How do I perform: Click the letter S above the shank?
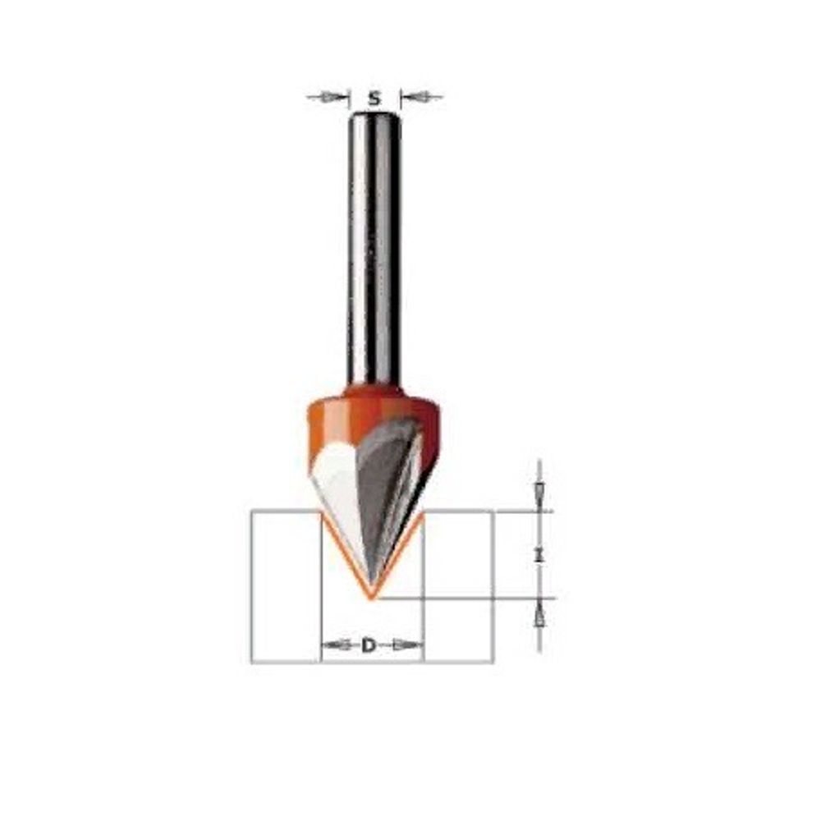pos(374,98)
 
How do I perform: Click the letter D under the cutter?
pos(369,645)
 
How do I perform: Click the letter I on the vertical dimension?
pos(539,555)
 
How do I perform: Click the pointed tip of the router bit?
pos(371,598)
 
